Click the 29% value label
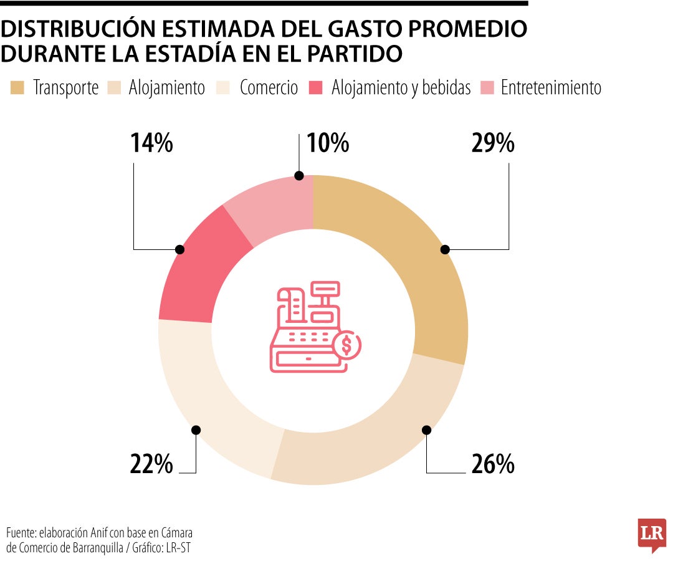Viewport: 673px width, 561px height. point(492,144)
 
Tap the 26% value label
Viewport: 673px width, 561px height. point(492,464)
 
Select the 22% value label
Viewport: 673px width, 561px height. point(151,464)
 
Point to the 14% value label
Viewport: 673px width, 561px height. point(151,144)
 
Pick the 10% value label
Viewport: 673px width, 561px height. point(328,144)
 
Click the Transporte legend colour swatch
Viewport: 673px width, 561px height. point(17,88)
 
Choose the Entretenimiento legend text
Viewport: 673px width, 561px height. point(551,88)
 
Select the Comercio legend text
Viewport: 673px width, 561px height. point(269,88)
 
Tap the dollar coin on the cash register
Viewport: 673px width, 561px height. point(346,344)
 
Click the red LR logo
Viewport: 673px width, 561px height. point(652,534)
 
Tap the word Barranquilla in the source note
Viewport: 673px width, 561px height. point(92,547)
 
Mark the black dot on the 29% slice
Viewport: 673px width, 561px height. point(444,249)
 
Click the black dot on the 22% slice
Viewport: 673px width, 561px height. point(196,429)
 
